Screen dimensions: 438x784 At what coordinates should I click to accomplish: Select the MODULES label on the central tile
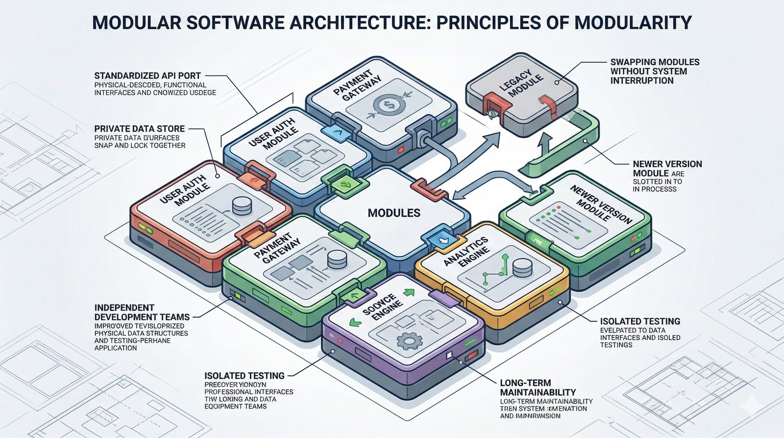(394, 213)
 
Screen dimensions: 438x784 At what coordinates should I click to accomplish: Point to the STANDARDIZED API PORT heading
(147, 76)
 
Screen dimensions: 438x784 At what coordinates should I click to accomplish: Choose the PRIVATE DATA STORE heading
(140, 129)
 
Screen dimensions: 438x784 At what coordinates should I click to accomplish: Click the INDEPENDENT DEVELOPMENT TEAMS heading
(142, 312)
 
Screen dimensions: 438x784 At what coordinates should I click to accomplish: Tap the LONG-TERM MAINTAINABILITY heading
(538, 387)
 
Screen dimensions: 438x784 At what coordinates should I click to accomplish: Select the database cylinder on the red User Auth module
(242, 206)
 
